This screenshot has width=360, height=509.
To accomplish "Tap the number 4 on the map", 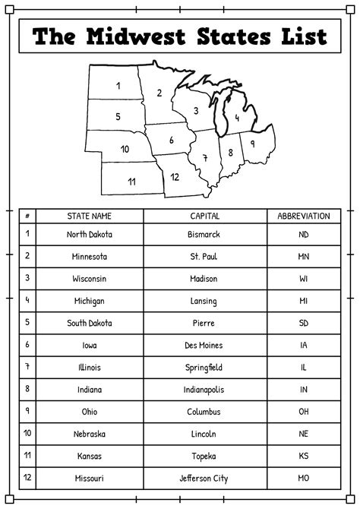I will tap(237, 118).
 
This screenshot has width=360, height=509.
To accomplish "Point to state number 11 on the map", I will tap(131, 181).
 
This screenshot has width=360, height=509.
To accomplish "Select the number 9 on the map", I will tap(252, 142).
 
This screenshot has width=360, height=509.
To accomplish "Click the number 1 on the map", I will tap(118, 86).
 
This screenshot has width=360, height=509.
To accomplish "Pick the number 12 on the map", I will tap(175, 177).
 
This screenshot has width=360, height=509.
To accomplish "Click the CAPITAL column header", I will tap(205, 216).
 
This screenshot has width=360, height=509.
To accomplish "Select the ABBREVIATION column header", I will tap(304, 216).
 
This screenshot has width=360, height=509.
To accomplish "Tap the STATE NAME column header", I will tap(89, 216).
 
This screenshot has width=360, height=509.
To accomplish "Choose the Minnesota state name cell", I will tap(88, 257).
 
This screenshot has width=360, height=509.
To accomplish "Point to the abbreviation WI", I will tap(304, 279).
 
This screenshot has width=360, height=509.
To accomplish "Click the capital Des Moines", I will tap(205, 346).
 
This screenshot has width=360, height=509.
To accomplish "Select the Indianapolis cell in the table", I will tap(205, 390).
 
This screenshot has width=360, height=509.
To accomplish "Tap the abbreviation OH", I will tap(304, 412).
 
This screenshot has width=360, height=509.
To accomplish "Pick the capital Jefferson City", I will tap(205, 479).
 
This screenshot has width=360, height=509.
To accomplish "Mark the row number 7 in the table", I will tap(27, 367).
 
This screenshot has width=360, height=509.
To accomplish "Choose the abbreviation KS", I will tap(304, 457).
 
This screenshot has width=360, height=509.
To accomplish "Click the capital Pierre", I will tap(205, 323).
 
